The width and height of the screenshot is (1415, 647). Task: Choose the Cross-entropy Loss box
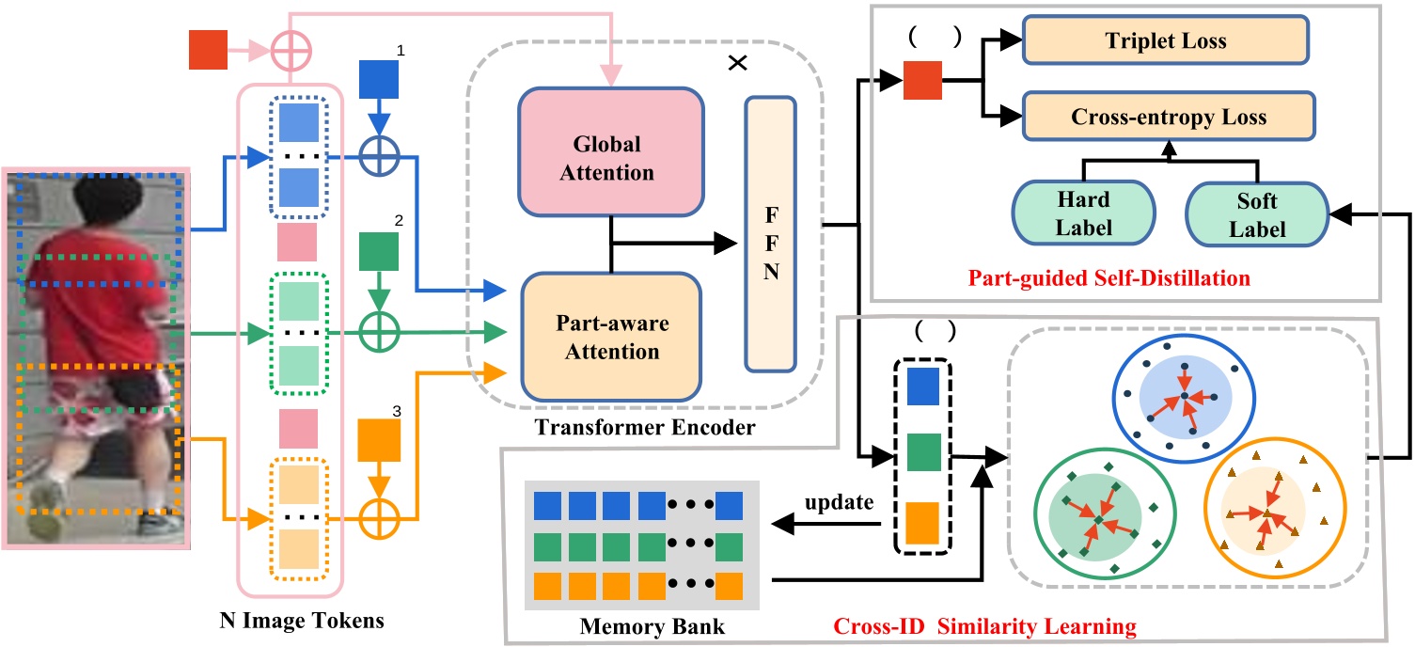(1168, 118)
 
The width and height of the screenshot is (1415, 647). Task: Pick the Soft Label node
(1254, 213)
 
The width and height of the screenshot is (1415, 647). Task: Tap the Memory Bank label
(634, 624)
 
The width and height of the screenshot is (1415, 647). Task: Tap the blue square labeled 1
(379, 79)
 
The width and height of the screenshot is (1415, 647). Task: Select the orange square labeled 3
(379, 439)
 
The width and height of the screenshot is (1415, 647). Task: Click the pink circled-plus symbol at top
(291, 47)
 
